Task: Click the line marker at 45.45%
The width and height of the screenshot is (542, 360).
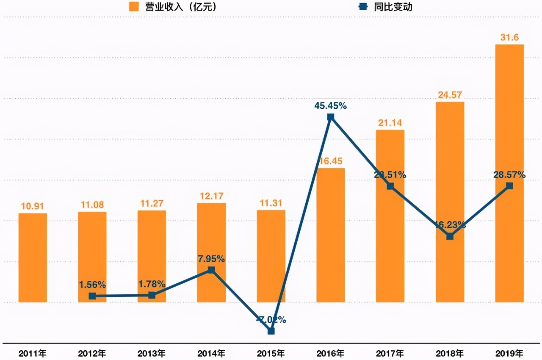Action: point(331,117)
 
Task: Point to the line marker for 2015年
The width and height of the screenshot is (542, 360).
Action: point(271,331)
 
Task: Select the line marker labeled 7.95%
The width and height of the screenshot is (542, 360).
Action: point(211,270)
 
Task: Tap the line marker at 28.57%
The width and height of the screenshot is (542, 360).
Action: point(509,186)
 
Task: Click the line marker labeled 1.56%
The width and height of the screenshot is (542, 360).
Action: point(92,296)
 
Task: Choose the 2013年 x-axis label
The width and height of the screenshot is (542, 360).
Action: point(152,353)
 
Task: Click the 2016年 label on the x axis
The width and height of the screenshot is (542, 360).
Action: point(331,353)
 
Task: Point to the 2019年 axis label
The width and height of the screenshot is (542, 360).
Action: point(509,353)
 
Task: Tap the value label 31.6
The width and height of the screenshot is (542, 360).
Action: point(509,38)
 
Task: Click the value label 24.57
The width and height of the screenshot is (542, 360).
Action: point(450,95)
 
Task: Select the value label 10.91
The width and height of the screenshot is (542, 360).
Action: point(33,206)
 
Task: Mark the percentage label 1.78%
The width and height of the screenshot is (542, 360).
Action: point(152,284)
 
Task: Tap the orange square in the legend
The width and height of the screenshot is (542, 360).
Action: point(134,7)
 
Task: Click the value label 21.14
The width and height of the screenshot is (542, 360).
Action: point(390,123)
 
